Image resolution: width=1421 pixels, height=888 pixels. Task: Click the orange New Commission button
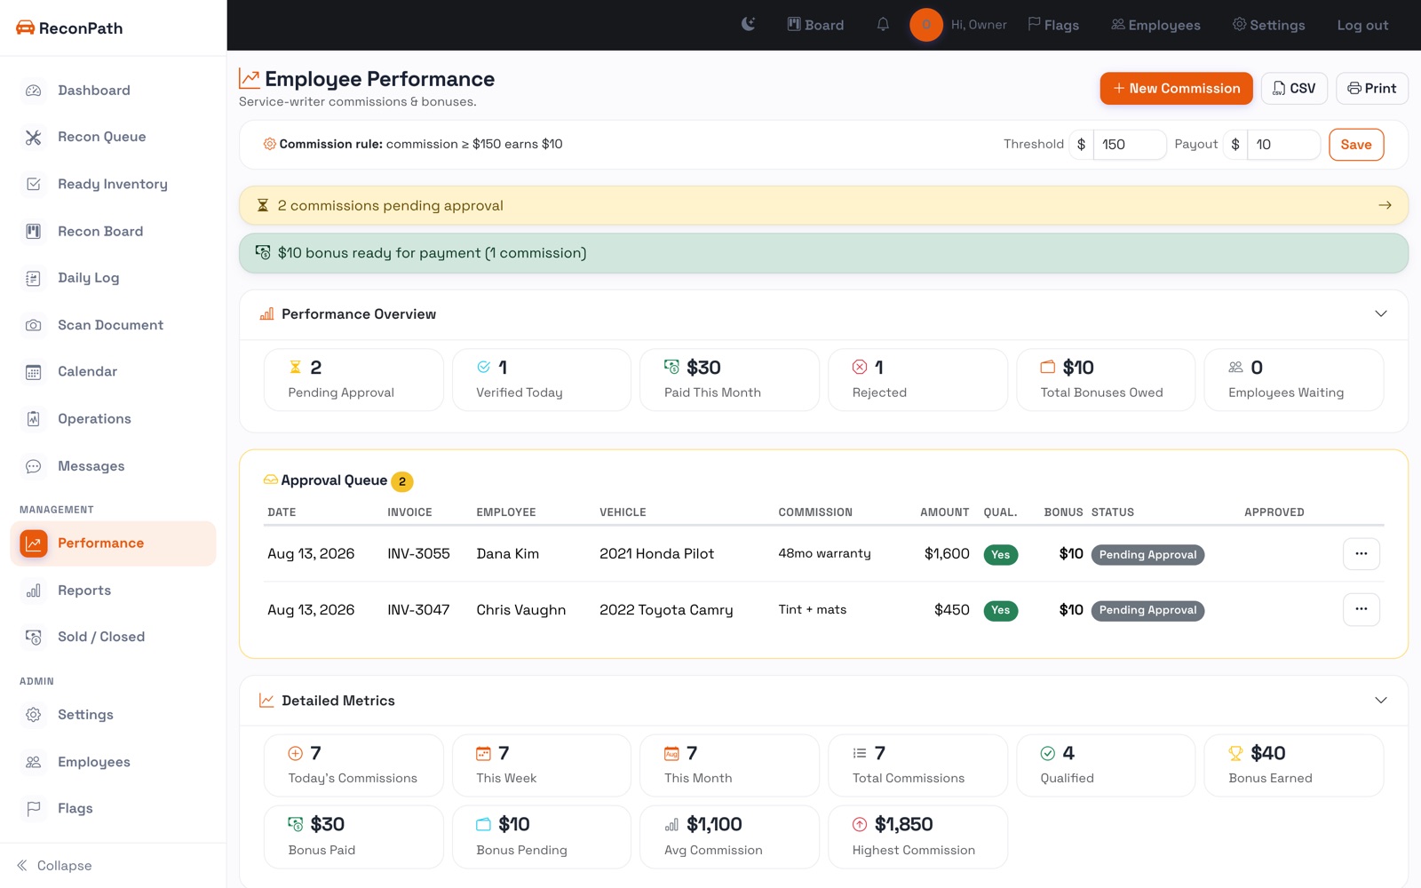point(1176,88)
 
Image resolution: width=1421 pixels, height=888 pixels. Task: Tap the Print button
point(1371,88)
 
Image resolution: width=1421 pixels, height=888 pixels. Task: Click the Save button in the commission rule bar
point(1356,145)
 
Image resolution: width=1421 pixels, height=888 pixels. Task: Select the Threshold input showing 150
point(1129,145)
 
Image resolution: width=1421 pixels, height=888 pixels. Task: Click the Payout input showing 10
point(1283,145)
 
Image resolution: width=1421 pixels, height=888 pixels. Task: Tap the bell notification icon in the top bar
point(883,25)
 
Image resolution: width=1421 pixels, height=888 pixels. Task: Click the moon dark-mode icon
point(749,25)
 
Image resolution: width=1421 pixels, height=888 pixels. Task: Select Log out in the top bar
point(1362,26)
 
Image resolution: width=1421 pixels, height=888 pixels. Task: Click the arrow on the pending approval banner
point(1385,205)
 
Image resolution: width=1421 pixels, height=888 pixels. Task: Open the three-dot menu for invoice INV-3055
point(1361,554)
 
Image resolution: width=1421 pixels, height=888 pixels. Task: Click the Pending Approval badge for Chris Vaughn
point(1147,610)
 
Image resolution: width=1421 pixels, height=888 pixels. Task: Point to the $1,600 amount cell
point(947,554)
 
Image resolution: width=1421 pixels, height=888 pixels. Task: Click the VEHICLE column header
point(623,512)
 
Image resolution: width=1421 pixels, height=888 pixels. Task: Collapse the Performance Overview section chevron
point(1381,314)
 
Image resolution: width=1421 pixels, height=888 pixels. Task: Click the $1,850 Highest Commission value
point(903,825)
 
